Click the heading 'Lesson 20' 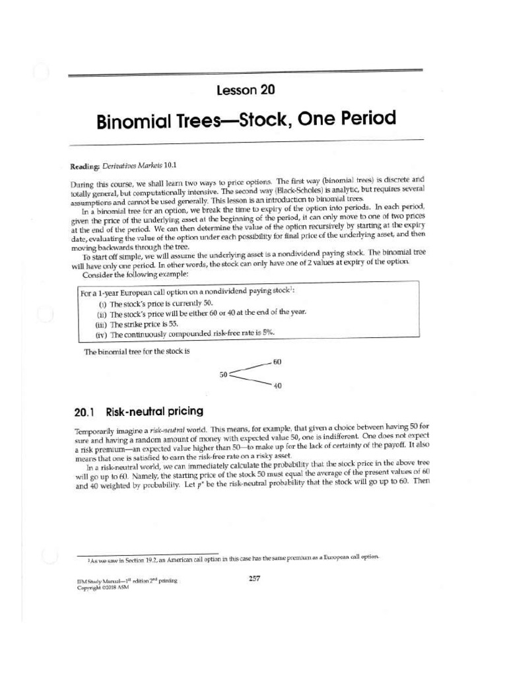246,90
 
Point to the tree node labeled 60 277,362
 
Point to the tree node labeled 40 277,386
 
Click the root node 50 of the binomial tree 224,374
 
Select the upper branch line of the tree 250,368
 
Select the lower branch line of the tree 250,380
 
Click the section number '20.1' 84,412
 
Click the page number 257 254,578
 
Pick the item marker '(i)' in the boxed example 102,304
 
